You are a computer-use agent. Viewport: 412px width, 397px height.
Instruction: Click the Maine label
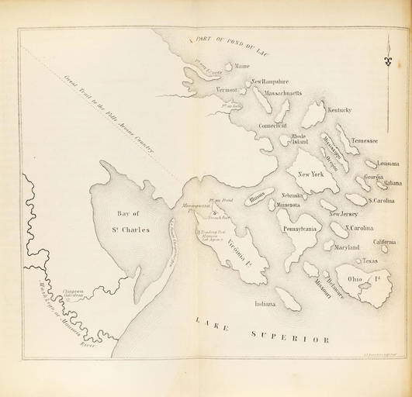pos(242,67)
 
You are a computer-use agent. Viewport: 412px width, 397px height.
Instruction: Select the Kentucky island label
pos(339,110)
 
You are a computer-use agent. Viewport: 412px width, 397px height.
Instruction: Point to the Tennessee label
pos(364,141)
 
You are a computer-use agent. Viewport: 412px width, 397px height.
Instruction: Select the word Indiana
pos(266,303)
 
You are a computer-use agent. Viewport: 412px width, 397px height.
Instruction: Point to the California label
pos(386,242)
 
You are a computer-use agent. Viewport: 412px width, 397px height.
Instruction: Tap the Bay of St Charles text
pos(123,209)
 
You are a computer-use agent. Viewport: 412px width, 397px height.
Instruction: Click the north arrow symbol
pos(389,57)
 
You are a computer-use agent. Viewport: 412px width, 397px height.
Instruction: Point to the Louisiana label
pos(388,164)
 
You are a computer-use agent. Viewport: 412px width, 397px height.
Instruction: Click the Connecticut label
pos(272,125)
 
